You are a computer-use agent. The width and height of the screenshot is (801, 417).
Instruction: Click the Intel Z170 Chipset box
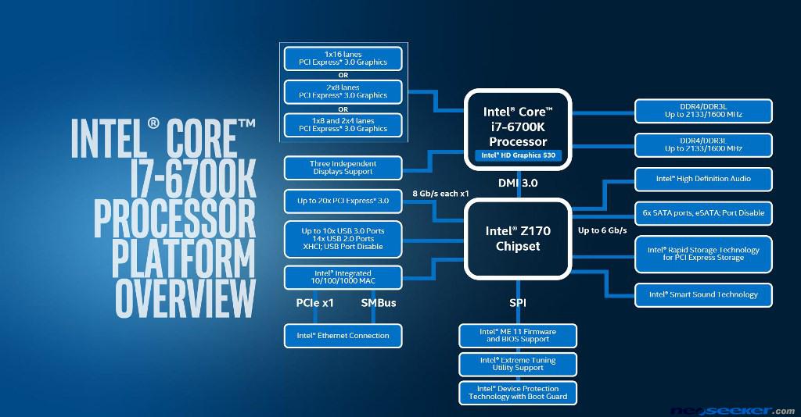tap(519, 238)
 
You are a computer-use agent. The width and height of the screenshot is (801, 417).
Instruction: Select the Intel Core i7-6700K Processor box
tap(519, 128)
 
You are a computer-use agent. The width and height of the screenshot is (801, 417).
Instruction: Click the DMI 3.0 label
tap(518, 183)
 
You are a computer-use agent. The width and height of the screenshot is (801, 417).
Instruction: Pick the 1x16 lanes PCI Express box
tap(343, 58)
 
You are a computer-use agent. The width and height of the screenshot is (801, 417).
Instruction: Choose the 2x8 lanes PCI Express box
tap(343, 91)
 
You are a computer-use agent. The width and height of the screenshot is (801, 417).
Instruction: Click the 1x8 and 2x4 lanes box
tap(343, 124)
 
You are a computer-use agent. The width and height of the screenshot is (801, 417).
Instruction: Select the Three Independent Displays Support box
tap(343, 167)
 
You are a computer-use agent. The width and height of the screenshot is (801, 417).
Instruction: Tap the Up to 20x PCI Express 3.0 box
tap(343, 201)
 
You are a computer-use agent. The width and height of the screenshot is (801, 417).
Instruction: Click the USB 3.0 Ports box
tap(343, 238)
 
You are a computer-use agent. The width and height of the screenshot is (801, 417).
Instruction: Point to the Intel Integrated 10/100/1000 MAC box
tap(343, 276)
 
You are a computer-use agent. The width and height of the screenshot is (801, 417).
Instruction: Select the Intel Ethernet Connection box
tap(343, 336)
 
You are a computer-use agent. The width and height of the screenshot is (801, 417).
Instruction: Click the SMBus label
tap(378, 303)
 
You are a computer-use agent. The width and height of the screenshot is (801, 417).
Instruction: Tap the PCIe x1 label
tap(314, 303)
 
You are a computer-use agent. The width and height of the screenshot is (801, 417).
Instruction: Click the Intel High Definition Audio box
tap(702, 179)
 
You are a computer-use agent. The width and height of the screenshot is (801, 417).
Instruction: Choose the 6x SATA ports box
tap(702, 212)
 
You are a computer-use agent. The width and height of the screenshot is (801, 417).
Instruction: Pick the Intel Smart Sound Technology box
tap(702, 294)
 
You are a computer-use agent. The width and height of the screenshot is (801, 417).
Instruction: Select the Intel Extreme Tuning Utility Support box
tap(518, 364)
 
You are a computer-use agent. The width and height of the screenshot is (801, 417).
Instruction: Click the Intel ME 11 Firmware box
tap(518, 336)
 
